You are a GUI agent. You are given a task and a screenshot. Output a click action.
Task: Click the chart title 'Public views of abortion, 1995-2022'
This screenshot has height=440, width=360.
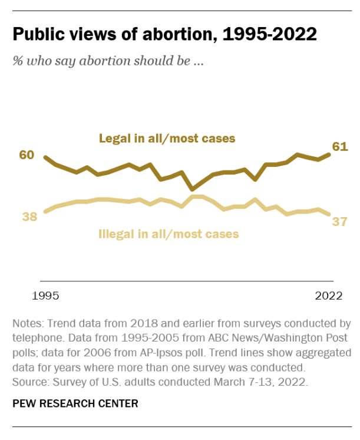coord(165,34)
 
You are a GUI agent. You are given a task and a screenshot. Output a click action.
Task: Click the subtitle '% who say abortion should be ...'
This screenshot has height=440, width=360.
coord(108,61)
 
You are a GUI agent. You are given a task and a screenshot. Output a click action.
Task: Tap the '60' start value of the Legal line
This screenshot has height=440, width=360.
coord(27,155)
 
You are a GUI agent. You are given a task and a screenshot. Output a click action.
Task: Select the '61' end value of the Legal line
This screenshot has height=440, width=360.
coord(341,146)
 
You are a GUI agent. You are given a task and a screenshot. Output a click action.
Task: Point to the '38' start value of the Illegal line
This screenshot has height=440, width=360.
coord(29,216)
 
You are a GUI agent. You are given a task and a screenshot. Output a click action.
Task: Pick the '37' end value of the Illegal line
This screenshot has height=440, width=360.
coord(339,221)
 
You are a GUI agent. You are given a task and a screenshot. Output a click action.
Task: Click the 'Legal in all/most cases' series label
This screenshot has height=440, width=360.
coord(167,139)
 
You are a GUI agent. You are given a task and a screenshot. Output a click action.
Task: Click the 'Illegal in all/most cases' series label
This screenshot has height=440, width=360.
coord(168,234)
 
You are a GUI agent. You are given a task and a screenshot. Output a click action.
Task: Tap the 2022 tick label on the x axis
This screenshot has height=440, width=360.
coord(328,296)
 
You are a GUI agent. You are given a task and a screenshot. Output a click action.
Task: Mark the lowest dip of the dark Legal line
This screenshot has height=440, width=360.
coord(192,189)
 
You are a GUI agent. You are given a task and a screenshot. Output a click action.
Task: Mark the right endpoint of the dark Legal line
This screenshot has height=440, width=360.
coord(330,155)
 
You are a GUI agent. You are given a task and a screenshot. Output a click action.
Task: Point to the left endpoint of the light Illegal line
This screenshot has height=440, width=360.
coord(45,211)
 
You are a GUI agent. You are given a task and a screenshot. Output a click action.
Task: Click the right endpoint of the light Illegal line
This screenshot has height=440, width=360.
coord(330,215)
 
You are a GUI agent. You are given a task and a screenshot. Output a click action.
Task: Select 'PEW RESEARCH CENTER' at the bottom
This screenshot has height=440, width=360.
coord(75,403)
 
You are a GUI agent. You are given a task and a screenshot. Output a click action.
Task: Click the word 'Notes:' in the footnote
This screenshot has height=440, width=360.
coord(27,324)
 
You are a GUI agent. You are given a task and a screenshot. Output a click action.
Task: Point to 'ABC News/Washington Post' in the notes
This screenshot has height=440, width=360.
coord(282,339)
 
